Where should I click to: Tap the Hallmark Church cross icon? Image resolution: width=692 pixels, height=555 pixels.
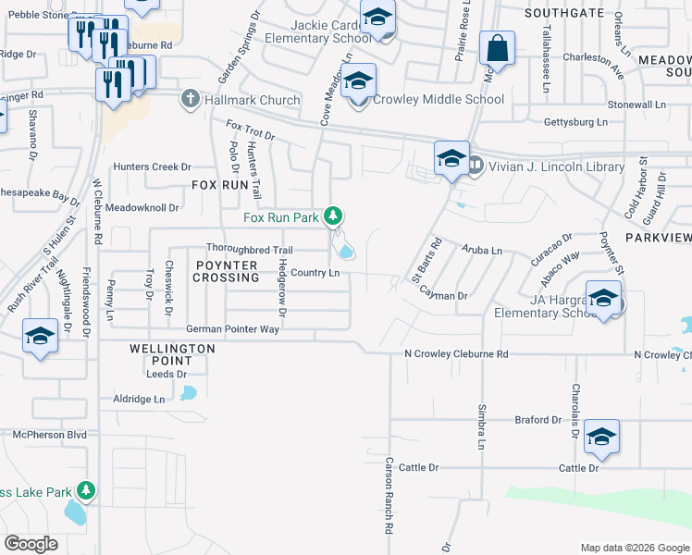click(191, 99)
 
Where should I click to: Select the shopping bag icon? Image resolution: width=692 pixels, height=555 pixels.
click(497, 50)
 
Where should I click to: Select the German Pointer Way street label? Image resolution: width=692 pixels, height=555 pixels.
click(232, 329)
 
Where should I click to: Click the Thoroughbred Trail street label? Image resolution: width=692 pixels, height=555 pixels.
click(249, 250)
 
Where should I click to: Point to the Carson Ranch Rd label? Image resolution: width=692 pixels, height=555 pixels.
click(389, 496)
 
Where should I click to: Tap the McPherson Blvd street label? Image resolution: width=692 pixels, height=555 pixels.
click(49, 434)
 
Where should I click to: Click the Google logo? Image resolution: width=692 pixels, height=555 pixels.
click(31, 544)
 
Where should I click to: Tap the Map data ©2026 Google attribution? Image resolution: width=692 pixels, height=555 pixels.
click(634, 548)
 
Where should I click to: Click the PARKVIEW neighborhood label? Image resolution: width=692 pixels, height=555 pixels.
click(658, 238)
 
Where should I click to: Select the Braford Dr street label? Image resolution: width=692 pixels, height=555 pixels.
click(538, 420)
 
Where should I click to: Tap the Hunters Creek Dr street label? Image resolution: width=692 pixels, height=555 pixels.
click(152, 167)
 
